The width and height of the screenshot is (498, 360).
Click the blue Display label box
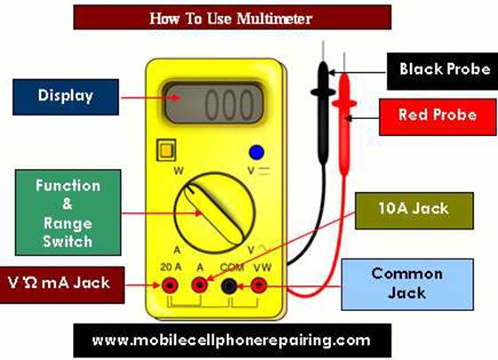pyautogui.click(x=66, y=97)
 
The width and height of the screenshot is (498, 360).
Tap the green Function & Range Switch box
pyautogui.click(x=68, y=212)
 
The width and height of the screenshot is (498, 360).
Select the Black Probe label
pyautogui.click(x=443, y=71)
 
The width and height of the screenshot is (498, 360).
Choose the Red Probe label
pyautogui.click(x=438, y=116)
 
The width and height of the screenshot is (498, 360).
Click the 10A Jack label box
pyautogui.click(x=414, y=211)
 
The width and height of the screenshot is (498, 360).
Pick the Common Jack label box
pyautogui.click(x=407, y=284)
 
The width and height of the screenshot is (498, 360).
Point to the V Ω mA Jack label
pyautogui.click(x=62, y=284)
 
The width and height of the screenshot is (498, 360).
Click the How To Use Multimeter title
pyautogui.click(x=232, y=18)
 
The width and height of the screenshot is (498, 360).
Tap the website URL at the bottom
pyautogui.click(x=232, y=340)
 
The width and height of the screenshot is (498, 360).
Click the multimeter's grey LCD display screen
pyautogui.click(x=213, y=103)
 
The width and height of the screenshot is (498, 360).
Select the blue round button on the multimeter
pyautogui.click(x=257, y=152)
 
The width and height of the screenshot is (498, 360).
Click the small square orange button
pyautogui.click(x=166, y=150)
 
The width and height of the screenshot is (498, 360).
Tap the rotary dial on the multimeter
pyautogui.click(x=215, y=212)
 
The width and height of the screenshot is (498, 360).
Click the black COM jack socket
pyautogui.click(x=229, y=285)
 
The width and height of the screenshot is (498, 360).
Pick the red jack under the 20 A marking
pyautogui.click(x=170, y=285)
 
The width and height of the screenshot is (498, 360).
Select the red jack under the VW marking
pyautogui.click(x=259, y=285)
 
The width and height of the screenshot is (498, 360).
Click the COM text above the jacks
pyautogui.click(x=232, y=268)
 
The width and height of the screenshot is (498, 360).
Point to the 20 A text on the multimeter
pyautogui.click(x=171, y=267)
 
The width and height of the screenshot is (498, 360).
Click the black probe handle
pyautogui.click(x=323, y=113)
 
